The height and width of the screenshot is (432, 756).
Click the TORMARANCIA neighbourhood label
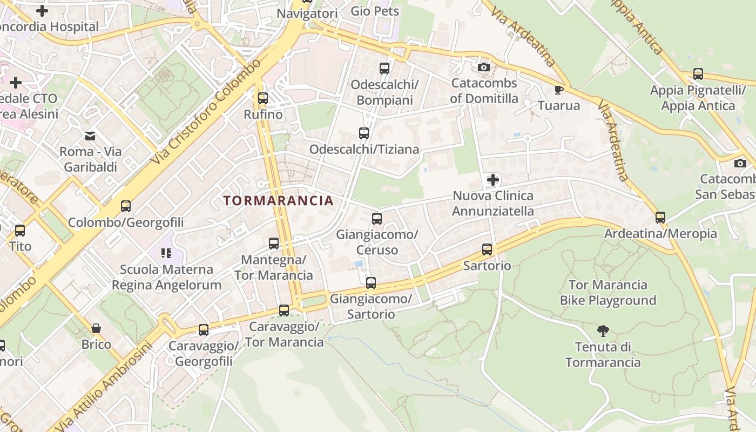(x=278, y=201)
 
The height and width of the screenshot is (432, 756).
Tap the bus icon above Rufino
(x=263, y=98)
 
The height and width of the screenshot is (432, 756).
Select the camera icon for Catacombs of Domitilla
(x=484, y=67)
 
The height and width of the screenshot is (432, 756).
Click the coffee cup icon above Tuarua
(x=559, y=89)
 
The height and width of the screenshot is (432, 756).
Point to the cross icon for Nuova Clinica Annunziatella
(x=492, y=179)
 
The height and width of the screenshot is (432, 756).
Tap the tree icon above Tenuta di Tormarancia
(x=603, y=330)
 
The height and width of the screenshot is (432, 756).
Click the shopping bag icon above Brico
(x=96, y=328)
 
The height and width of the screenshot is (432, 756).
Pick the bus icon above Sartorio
(x=487, y=249)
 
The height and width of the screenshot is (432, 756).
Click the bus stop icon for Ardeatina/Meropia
(x=660, y=218)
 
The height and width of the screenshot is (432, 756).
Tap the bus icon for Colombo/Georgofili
(x=126, y=206)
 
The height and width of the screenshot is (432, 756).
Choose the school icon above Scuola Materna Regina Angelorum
(x=166, y=253)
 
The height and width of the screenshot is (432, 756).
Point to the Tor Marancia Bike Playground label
(x=607, y=292)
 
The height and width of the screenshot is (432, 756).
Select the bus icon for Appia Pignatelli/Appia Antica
(x=698, y=74)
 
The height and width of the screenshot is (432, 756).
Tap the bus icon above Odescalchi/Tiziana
(x=364, y=133)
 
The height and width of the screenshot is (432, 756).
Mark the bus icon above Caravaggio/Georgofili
(x=204, y=329)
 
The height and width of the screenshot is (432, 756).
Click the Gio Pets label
(x=375, y=11)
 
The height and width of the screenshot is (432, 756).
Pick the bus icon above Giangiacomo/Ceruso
(x=377, y=218)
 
